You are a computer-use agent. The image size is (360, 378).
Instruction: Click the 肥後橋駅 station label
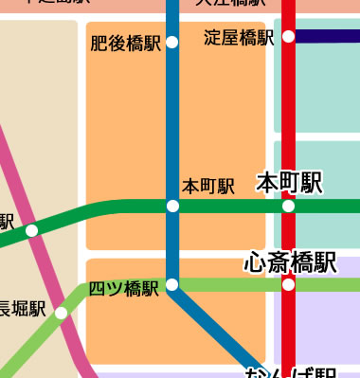click(x=125, y=44)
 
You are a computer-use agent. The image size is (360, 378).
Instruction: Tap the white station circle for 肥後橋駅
click(x=171, y=42)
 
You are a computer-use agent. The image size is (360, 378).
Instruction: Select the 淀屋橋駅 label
click(x=239, y=38)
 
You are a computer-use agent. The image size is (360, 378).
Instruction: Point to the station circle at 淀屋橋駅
click(x=288, y=37)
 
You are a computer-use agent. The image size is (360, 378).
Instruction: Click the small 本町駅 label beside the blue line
click(x=208, y=187)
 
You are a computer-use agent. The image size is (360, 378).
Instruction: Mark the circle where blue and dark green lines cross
click(x=171, y=206)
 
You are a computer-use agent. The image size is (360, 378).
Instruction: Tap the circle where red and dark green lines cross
click(x=288, y=206)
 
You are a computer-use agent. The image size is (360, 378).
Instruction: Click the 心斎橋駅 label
click(x=290, y=261)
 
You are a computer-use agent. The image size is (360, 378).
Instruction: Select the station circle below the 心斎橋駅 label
click(x=288, y=284)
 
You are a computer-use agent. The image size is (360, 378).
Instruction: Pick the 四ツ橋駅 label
click(x=123, y=288)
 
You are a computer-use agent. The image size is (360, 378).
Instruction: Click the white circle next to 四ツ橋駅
click(x=171, y=284)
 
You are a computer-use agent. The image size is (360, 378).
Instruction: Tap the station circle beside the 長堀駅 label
click(x=61, y=313)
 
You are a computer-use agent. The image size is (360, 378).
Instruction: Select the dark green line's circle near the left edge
click(x=31, y=230)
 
